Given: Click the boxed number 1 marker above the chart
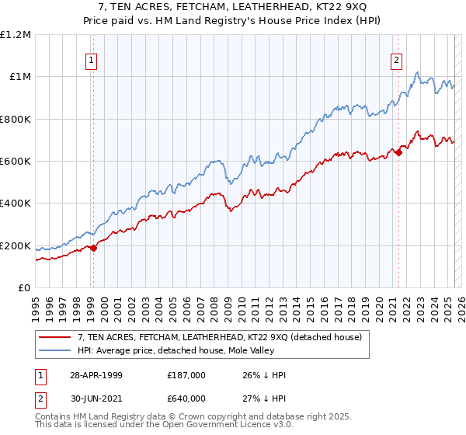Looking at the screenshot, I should [x=92, y=60].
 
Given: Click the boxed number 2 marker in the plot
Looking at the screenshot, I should [x=397, y=60].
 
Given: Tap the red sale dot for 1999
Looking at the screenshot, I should [x=93, y=248].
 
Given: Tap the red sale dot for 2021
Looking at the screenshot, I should [x=398, y=152].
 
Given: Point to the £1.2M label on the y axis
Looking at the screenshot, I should [x=16, y=34].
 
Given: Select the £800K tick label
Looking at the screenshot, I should [x=16, y=119].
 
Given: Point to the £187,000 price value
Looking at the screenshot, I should [x=187, y=375].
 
